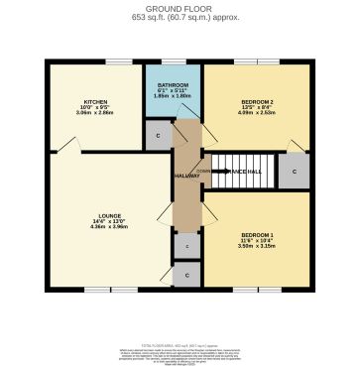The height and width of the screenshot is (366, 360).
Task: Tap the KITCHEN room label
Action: tap(96, 101)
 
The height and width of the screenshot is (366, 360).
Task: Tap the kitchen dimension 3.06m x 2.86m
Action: tap(96, 115)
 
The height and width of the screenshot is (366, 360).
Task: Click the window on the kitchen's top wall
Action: tap(118, 62)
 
